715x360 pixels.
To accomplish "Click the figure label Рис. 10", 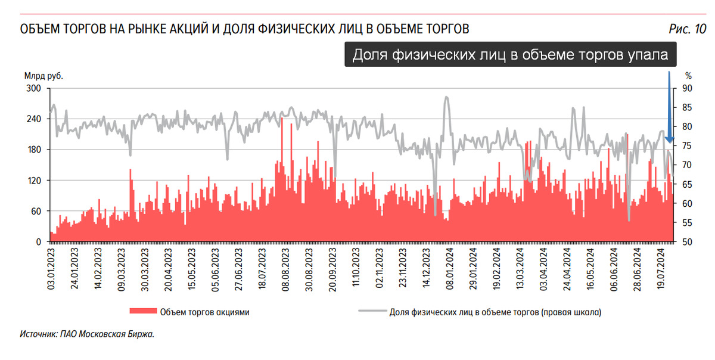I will click(688, 29).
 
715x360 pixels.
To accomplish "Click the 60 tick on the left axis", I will click(35, 211).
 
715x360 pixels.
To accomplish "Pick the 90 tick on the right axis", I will click(687, 88).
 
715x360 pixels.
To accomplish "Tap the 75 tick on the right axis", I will click(687, 146).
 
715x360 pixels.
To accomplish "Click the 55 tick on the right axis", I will click(687, 223).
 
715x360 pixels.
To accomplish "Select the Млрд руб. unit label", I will click(43, 76).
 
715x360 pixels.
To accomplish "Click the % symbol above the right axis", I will click(688, 76).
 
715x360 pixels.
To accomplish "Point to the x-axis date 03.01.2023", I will click(52, 268).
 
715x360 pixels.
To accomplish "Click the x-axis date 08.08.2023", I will click(286, 268).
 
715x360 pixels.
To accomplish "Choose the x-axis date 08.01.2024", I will click(450, 268).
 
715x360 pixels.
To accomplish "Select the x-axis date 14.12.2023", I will click(427, 268).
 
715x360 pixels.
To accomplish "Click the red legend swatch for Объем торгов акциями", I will click(142, 312).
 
